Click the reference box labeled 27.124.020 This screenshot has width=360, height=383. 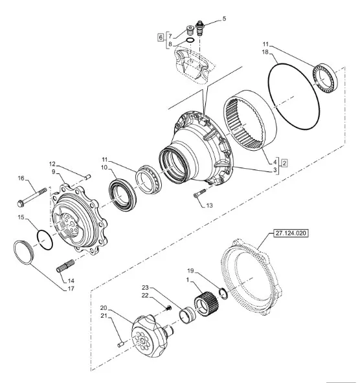point(291,234)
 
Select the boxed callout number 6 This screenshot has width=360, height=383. point(161,38)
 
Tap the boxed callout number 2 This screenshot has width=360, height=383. point(284,163)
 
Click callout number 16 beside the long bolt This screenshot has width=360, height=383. point(21,179)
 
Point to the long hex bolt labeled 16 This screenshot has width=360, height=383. point(32,197)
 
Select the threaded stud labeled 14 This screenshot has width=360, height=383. point(65,266)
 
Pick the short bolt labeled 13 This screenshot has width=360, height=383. point(200,193)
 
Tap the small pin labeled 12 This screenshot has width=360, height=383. point(88,177)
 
